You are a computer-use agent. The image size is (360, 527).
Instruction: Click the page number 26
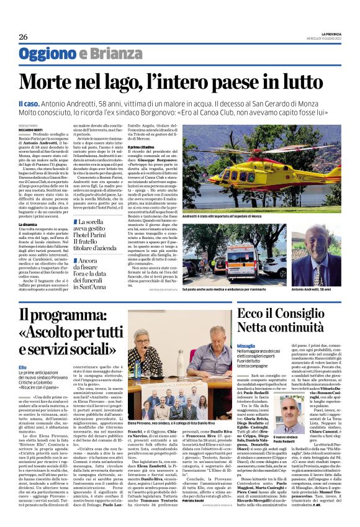(x=24, y=37)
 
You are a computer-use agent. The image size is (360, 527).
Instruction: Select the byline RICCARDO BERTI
(x=31, y=132)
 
